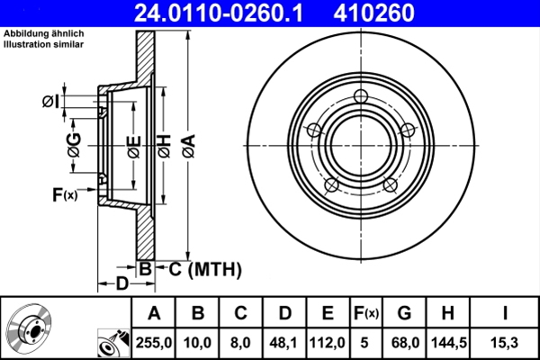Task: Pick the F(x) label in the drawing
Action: [64, 194]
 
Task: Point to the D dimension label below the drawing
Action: [121, 285]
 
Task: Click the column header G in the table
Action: [404, 312]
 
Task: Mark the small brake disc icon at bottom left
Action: [29, 328]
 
